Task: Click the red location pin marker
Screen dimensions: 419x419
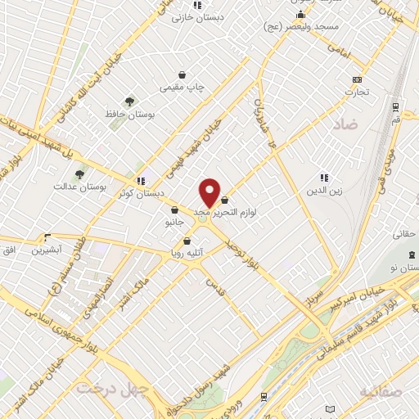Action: click(209, 192)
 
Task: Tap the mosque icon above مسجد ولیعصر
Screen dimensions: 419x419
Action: click(301, 14)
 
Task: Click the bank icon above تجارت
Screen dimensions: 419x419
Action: click(356, 79)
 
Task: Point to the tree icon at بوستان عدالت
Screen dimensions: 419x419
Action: click(79, 173)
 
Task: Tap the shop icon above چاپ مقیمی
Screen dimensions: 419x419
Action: click(181, 74)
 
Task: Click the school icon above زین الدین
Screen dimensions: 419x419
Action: click(324, 178)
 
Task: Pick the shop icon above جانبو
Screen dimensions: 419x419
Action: click(174, 209)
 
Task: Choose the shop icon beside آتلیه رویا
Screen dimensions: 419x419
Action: click(187, 241)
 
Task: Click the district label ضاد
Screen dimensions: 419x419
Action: click(345, 125)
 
